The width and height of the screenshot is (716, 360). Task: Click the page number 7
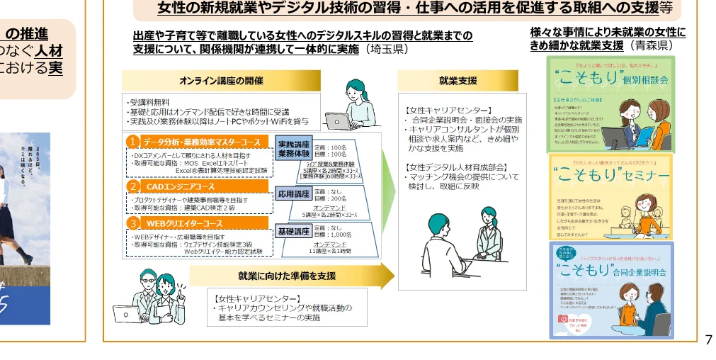click(708, 340)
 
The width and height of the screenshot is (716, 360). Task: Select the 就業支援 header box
click(458, 81)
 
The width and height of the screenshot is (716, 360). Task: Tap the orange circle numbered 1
click(132, 142)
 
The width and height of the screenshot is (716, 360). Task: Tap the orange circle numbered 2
click(132, 186)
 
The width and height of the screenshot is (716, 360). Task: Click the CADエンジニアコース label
click(180, 186)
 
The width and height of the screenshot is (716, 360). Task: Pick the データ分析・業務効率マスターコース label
click(202, 142)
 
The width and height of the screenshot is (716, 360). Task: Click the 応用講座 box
click(292, 193)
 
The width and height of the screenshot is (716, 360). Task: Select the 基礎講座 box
click(292, 231)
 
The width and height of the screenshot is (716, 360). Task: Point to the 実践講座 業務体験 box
click(292, 148)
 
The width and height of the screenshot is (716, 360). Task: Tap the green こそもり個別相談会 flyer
click(610, 104)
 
